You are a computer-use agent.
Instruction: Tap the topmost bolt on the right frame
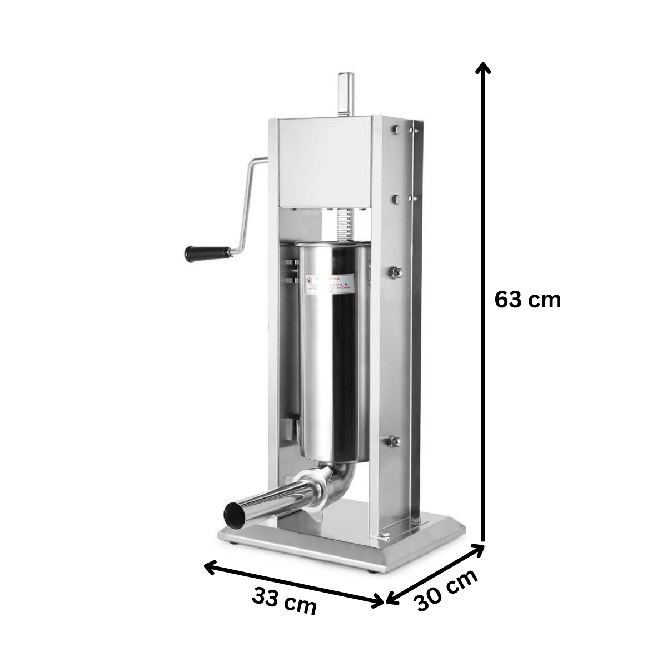pos(396,130)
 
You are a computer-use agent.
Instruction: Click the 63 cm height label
pos(527,301)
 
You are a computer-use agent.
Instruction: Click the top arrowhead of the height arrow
pos(484,68)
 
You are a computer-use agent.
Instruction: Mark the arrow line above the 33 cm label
pos(295,583)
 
